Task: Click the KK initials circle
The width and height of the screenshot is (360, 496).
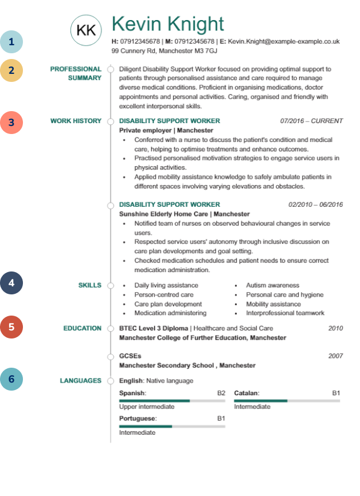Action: click(x=86, y=30)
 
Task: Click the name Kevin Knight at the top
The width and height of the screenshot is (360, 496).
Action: click(x=167, y=24)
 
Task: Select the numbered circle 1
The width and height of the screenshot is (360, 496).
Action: click(x=11, y=42)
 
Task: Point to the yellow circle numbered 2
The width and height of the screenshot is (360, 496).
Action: click(x=11, y=70)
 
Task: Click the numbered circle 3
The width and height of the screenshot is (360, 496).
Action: click(x=11, y=122)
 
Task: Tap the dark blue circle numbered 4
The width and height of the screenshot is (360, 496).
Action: click(x=11, y=282)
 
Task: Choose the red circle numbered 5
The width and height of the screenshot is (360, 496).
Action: click(x=11, y=327)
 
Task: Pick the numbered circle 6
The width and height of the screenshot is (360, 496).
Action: click(x=11, y=379)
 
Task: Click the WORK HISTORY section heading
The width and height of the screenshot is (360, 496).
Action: click(x=76, y=121)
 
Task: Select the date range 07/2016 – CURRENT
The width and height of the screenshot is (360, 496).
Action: click(x=311, y=121)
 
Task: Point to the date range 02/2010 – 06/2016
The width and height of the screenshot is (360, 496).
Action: click(x=315, y=204)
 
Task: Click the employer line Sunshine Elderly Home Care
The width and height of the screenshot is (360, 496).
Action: click(x=184, y=214)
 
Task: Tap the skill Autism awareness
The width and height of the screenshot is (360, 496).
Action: click(x=272, y=285)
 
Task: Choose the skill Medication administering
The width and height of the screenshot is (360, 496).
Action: click(x=170, y=313)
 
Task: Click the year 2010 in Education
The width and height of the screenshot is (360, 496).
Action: click(x=335, y=328)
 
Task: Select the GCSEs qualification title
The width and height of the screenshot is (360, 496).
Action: click(x=130, y=356)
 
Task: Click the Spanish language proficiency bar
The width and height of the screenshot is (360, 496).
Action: click(x=172, y=401)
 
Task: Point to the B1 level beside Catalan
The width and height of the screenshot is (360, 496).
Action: click(x=336, y=393)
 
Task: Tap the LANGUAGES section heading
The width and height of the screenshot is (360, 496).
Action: click(x=80, y=380)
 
